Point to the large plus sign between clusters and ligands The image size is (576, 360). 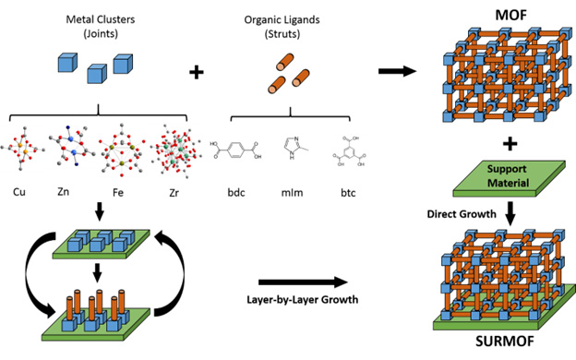point(196,71)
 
